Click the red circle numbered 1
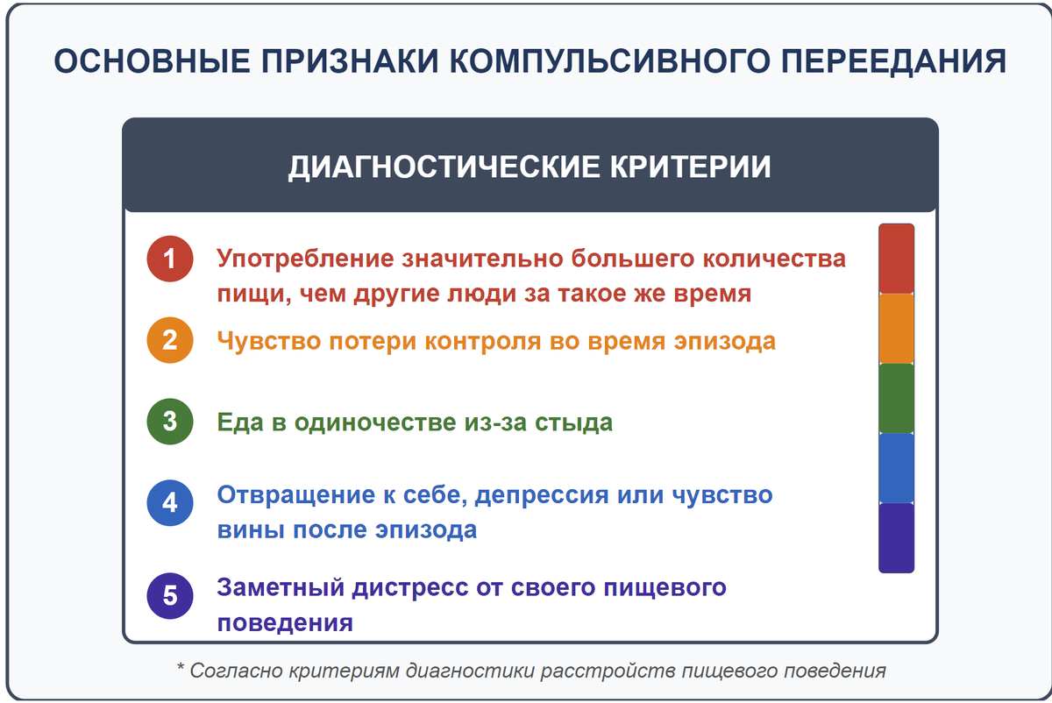(170, 259)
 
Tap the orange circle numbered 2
(170, 340)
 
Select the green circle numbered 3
(170, 422)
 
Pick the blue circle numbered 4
(170, 503)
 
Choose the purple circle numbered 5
(170, 596)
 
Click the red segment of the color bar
(896, 259)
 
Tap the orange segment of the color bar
(896, 329)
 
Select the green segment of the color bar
(896, 398)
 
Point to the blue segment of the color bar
(896, 467)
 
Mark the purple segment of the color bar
(896, 537)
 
